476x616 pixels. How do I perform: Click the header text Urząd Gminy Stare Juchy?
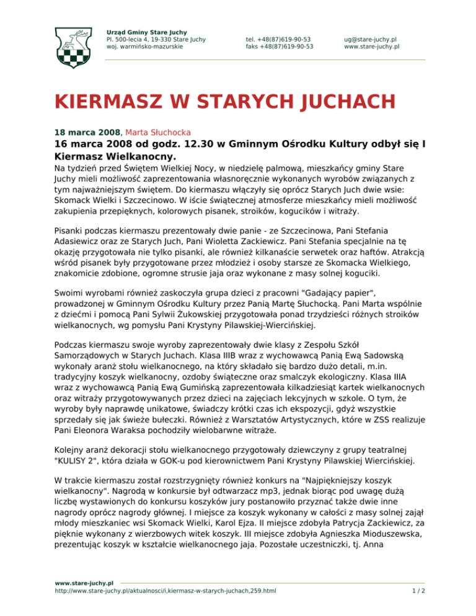pos(147,32)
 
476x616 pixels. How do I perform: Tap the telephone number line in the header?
pos(278,38)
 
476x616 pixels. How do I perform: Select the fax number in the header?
pos(279,46)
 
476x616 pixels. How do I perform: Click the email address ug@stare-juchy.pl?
pos(371,38)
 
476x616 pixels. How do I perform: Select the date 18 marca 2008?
pos(87,132)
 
